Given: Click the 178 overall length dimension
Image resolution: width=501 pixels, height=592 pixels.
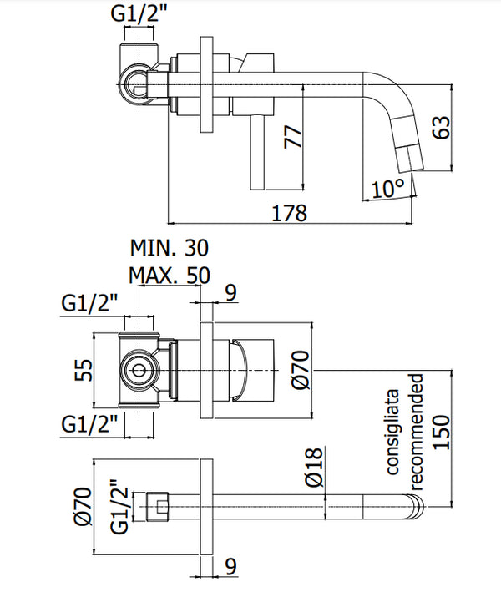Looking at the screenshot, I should [x=289, y=212].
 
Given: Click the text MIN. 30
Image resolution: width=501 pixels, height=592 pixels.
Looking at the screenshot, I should [x=169, y=248].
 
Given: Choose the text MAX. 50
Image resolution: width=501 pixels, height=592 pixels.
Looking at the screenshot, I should [x=170, y=275].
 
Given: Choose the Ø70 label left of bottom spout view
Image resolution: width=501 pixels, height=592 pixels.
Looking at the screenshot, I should [x=81, y=507].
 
